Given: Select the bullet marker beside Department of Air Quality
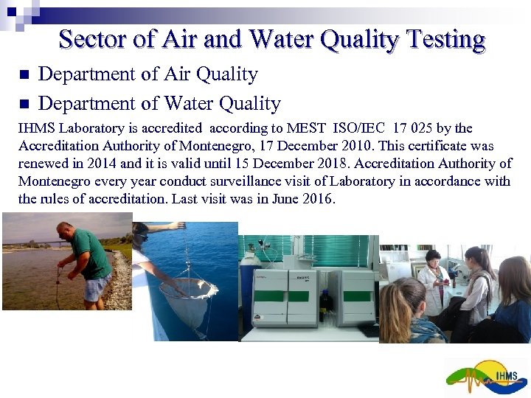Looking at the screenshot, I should point(24,75).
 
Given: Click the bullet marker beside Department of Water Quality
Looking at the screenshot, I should point(24,103).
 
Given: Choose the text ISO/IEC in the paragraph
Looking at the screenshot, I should point(375,128).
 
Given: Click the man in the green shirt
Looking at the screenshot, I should point(88,254).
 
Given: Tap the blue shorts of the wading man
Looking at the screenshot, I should point(97,288).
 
